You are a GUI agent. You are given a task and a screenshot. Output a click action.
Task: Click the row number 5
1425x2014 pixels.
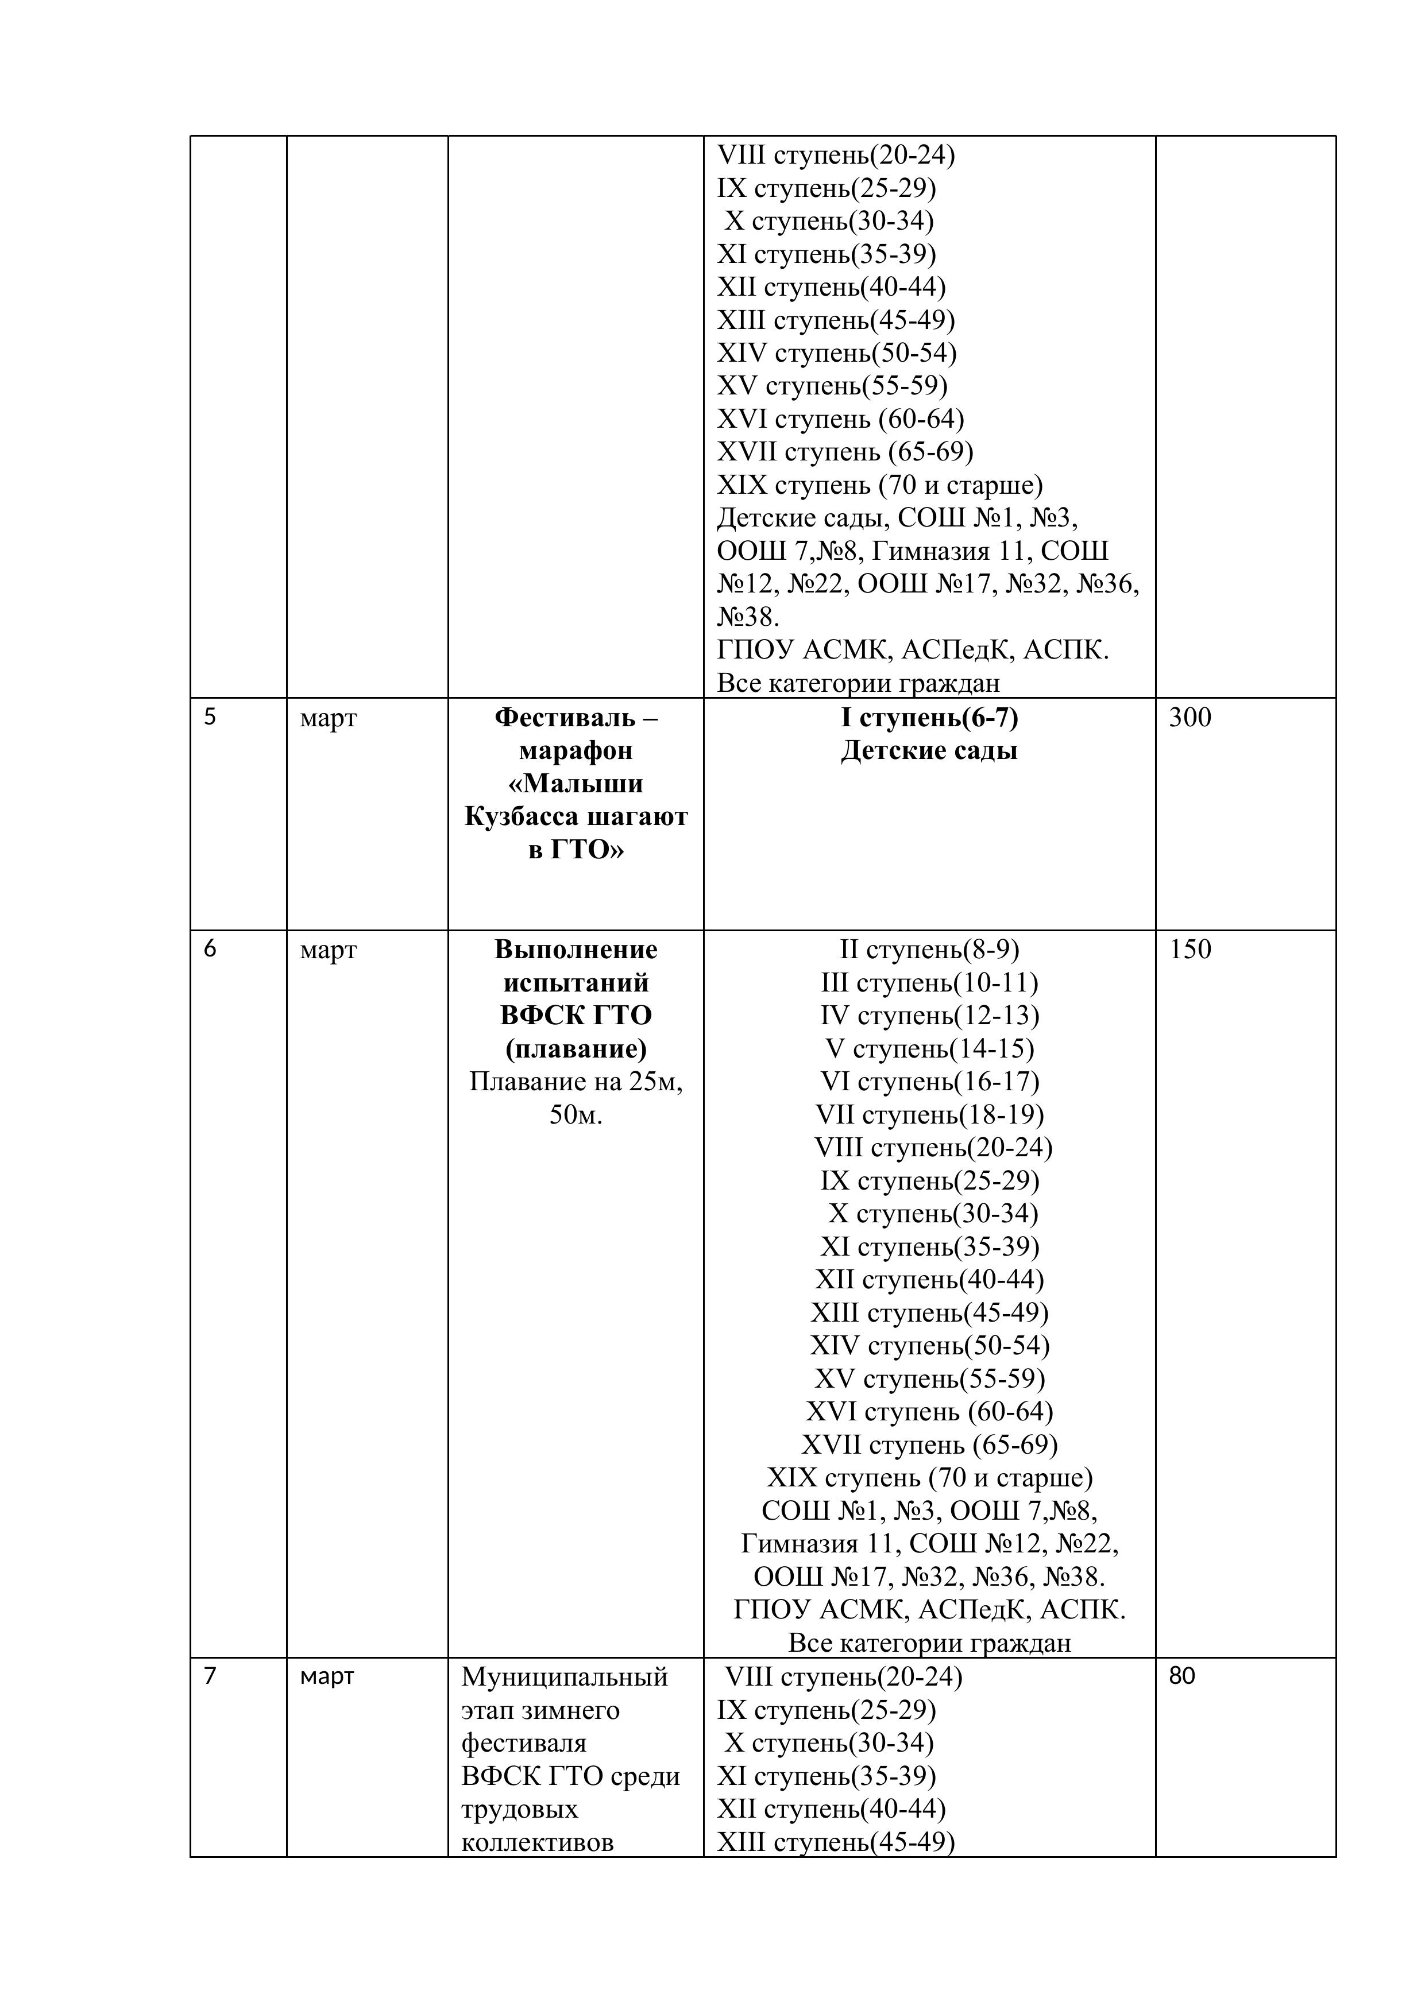point(210,718)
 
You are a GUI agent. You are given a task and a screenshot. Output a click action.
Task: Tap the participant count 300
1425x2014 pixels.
point(1190,718)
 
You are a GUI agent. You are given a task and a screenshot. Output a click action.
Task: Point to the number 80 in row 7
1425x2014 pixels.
point(1182,1676)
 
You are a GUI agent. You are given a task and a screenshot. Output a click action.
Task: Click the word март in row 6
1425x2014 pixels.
point(328,950)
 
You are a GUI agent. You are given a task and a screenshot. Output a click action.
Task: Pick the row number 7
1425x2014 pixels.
point(210,1676)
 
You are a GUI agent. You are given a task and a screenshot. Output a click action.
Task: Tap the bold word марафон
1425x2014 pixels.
point(576,751)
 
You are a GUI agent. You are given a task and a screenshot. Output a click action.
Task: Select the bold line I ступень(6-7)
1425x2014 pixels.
point(929,718)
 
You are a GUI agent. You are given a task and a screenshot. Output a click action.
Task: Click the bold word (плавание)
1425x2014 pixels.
point(576,1048)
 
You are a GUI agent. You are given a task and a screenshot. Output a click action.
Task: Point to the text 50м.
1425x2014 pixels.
point(576,1115)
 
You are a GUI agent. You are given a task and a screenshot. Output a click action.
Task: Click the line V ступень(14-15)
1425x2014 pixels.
point(929,1048)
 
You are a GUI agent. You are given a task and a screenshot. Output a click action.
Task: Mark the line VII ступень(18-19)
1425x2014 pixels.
point(929,1115)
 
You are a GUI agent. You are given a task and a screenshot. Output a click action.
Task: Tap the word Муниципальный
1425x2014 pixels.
point(564,1677)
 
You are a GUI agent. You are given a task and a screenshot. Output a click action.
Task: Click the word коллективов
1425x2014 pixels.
point(537,1842)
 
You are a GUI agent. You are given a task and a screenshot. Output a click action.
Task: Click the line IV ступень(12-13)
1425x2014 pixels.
point(929,1016)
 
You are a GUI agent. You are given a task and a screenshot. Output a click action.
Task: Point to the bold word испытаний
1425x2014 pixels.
point(576,982)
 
